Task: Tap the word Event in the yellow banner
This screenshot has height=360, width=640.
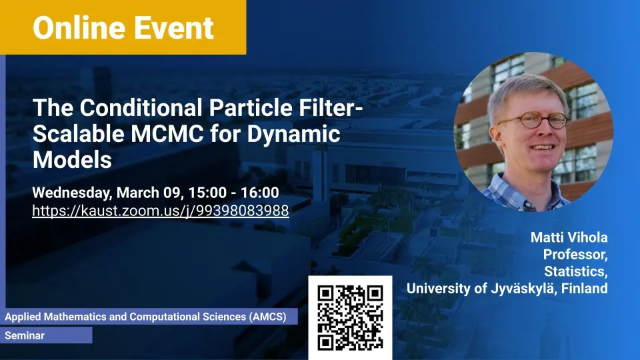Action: point(174,28)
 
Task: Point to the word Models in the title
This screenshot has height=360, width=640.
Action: point(72,159)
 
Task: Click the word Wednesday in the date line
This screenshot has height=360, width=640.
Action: point(72,193)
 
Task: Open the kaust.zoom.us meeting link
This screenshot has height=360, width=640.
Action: point(161,211)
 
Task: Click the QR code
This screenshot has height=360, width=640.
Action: point(350,317)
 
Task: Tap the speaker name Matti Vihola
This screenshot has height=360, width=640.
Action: point(569,237)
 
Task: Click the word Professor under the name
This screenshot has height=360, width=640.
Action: point(575,255)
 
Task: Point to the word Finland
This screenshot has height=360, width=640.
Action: point(585,288)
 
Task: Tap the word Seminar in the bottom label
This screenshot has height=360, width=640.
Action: point(25,335)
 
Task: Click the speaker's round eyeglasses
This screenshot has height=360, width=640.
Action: point(533,120)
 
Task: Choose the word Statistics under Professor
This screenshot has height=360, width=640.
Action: point(575,271)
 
